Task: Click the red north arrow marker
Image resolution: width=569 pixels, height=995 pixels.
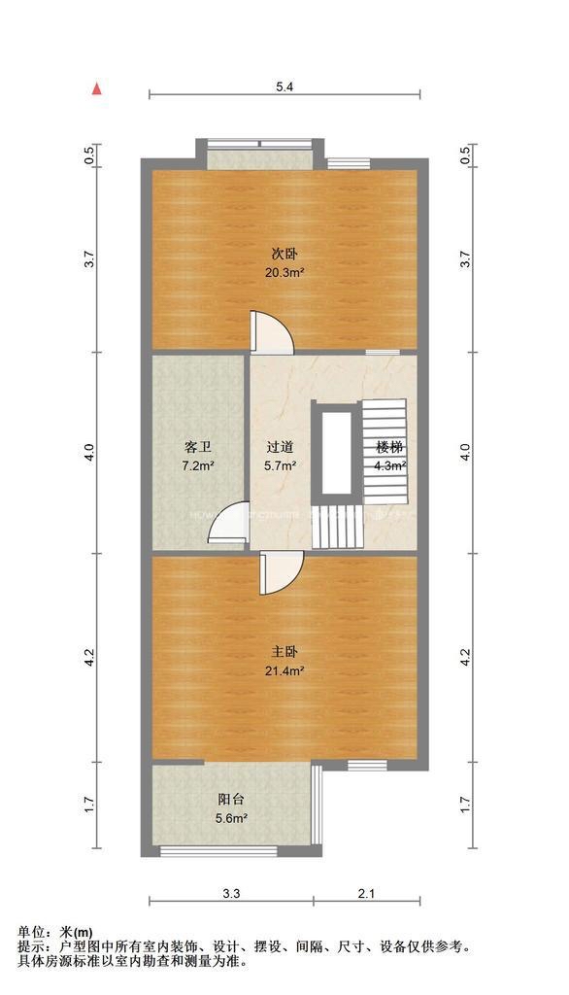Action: tap(96, 89)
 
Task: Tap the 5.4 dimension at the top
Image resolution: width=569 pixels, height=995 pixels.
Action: tap(284, 87)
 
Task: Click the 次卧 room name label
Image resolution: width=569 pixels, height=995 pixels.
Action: tap(283, 254)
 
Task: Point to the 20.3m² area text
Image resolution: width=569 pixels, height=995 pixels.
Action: tap(284, 273)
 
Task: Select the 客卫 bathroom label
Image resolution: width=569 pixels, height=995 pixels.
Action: tap(198, 448)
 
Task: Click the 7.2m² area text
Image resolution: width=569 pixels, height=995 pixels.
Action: tap(198, 466)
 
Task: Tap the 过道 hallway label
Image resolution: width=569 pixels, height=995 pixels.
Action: tap(281, 448)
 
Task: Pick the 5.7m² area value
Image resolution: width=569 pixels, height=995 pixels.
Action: tap(281, 466)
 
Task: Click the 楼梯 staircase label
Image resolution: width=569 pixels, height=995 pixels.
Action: tap(390, 448)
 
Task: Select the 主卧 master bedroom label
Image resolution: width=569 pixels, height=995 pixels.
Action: tap(284, 652)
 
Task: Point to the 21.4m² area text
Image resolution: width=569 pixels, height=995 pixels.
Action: tap(284, 671)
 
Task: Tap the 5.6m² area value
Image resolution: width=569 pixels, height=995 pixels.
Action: tap(231, 818)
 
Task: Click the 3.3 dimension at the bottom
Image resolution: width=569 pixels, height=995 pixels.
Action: tap(231, 892)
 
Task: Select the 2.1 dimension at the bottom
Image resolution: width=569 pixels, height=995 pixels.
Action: tap(366, 892)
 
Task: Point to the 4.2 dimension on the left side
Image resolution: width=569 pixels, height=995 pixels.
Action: tap(89, 658)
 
